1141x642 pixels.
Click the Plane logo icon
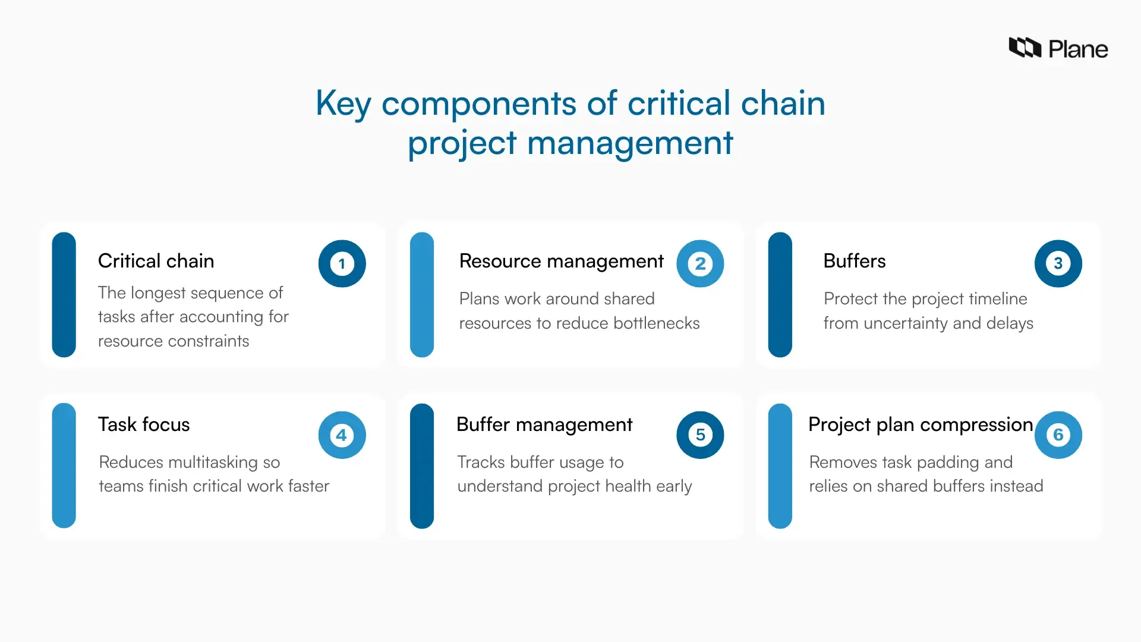pyautogui.click(x=1025, y=48)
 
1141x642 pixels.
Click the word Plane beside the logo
pyautogui.click(x=1078, y=49)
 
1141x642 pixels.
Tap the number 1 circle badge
pyautogui.click(x=342, y=263)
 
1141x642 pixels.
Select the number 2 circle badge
pyautogui.click(x=700, y=263)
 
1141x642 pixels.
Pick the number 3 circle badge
pyautogui.click(x=1058, y=263)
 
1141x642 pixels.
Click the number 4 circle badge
pyautogui.click(x=342, y=435)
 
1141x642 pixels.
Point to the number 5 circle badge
pyautogui.click(x=700, y=435)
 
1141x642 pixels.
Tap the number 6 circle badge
pyautogui.click(x=1058, y=435)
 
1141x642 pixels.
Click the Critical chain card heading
pyautogui.click(x=156, y=261)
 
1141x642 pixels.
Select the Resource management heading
pyautogui.click(x=561, y=261)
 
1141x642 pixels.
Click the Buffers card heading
pyautogui.click(x=854, y=261)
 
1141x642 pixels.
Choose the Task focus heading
pyautogui.click(x=144, y=424)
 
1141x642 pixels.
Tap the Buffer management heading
pyautogui.click(x=544, y=424)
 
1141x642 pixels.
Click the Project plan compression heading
pyautogui.click(x=921, y=424)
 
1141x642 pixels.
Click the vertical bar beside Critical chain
pyautogui.click(x=64, y=294)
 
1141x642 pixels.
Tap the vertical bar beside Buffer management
pyautogui.click(x=422, y=465)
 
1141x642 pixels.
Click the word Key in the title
pyautogui.click(x=343, y=104)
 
